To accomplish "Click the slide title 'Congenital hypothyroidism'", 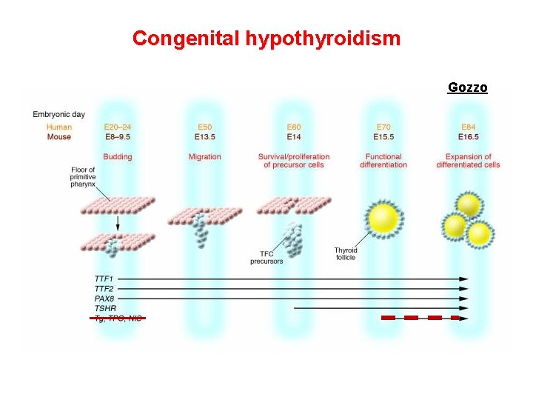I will (x=266, y=38).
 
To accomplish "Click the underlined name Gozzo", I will (x=467, y=87).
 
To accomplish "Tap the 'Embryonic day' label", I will (x=58, y=114).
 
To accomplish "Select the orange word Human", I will (x=59, y=127).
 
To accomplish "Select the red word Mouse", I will (x=59, y=137).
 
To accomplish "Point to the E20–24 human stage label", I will (x=118, y=127).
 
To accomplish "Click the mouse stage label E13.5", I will (x=205, y=137).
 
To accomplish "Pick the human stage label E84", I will (x=469, y=127).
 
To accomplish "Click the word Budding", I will (x=118, y=157).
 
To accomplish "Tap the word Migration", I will (x=205, y=157).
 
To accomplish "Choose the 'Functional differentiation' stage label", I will (x=383, y=161).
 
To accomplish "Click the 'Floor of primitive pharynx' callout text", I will (x=82, y=177).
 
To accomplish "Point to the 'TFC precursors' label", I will (x=266, y=258).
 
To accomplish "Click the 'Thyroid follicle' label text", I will (x=345, y=254).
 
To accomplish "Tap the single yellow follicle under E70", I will (x=383, y=218).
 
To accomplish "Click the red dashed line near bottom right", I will (x=420, y=318).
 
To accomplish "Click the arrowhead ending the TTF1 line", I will (x=464, y=279).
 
